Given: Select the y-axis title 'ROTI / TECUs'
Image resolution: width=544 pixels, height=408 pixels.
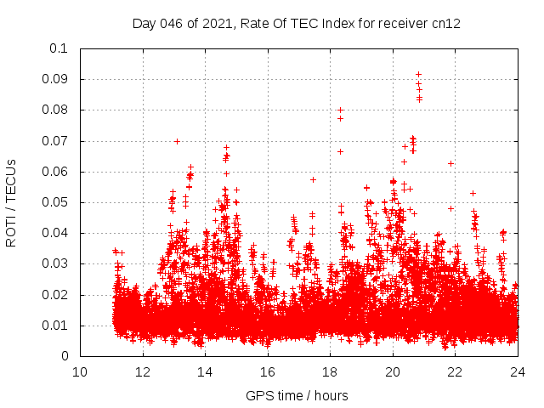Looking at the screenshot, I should (x=11, y=202).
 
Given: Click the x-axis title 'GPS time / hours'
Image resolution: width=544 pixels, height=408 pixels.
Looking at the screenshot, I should (x=297, y=395).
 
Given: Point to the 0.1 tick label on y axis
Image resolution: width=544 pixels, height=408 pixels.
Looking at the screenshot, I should (x=59, y=48).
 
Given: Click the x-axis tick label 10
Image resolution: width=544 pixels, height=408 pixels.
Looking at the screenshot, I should (x=80, y=371).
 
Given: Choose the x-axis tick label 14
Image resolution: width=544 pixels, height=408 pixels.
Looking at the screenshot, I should (x=205, y=371).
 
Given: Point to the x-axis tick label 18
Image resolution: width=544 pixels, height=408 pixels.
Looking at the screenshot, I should (x=330, y=371).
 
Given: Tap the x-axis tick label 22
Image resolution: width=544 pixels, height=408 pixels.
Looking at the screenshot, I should (x=455, y=371).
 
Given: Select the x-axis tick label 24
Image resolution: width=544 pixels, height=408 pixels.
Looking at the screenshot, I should (x=517, y=371).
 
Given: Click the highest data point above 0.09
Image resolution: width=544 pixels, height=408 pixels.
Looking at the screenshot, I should (x=418, y=74).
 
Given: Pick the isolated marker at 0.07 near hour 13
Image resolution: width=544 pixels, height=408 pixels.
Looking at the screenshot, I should (x=177, y=141).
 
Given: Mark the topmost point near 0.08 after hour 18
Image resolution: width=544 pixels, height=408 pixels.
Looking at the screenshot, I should (x=340, y=110).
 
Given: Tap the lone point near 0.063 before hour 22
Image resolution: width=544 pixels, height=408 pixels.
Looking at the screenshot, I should (x=450, y=163).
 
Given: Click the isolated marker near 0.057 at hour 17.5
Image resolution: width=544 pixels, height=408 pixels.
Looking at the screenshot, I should (x=313, y=179).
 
